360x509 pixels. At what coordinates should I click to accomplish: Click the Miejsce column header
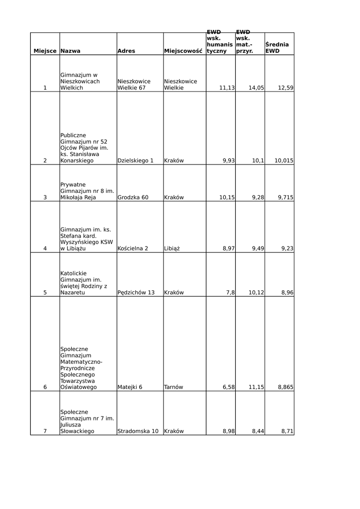tap(45, 51)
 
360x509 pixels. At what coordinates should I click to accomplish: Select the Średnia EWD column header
tap(277, 48)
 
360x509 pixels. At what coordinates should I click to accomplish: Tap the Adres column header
tap(126, 51)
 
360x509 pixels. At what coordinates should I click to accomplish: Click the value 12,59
tap(286, 88)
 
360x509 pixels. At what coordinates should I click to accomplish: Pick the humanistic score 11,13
tap(227, 88)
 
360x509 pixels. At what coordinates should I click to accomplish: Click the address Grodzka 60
tap(133, 197)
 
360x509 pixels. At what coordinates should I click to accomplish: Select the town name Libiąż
tap(172, 249)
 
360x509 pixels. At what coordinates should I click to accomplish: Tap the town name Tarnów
tap(174, 387)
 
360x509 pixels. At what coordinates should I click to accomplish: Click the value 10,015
tap(284, 161)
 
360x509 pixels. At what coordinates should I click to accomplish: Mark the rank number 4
tap(45, 249)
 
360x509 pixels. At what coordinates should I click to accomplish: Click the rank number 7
tap(45, 431)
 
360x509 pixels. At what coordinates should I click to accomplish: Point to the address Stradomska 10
tap(138, 431)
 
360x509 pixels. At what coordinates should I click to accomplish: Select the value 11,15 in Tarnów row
tap(256, 387)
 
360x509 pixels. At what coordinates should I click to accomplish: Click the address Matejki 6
tap(130, 387)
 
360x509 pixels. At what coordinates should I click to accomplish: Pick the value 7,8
tap(230, 293)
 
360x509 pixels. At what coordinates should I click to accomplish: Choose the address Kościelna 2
tap(133, 249)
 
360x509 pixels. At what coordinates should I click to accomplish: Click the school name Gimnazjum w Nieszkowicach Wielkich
tap(80, 82)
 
